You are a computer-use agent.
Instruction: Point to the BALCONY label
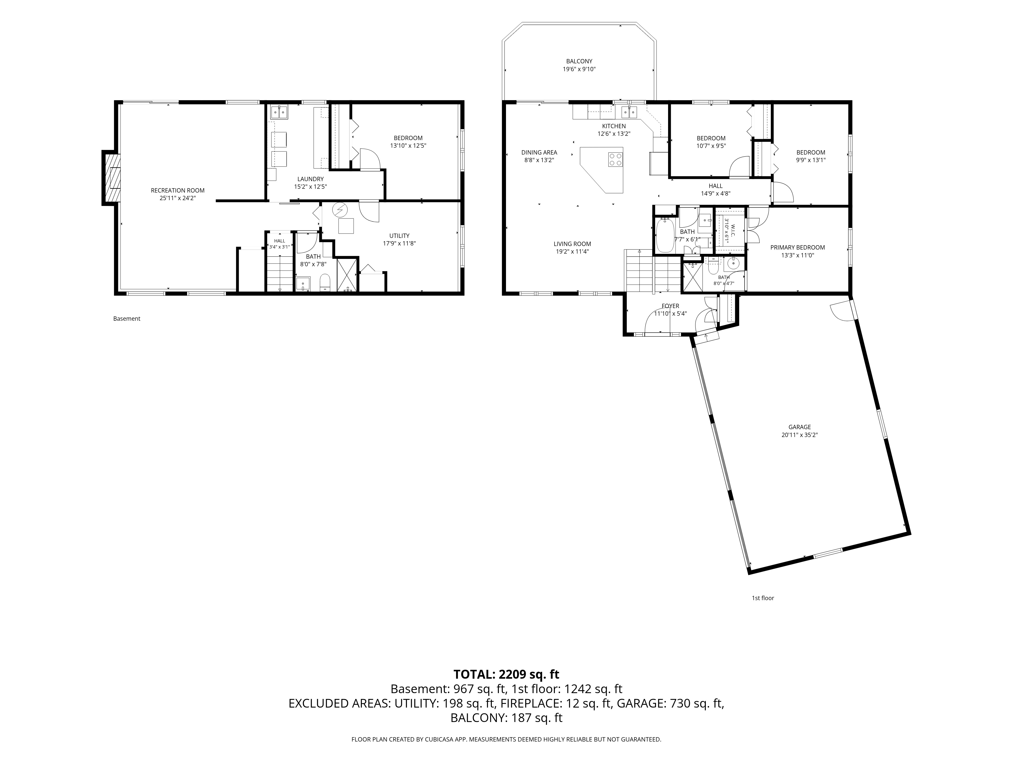point(579,61)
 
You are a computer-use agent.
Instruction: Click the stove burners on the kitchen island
point(615,159)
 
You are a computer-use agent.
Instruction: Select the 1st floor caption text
point(763,598)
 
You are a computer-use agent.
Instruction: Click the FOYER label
point(670,306)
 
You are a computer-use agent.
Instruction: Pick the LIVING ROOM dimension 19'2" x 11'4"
point(572,252)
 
